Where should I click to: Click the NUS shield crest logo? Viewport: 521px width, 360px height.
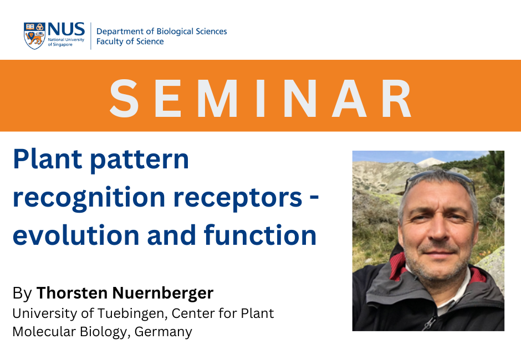click(34, 36)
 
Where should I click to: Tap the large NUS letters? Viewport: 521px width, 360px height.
click(66, 29)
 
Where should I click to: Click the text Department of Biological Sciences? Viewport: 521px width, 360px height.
click(161, 31)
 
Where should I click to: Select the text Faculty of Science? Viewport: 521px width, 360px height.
click(130, 41)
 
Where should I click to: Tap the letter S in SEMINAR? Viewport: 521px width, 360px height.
click(124, 98)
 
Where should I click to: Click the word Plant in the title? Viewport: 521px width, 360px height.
click(48, 160)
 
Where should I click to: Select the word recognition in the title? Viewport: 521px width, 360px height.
click(89, 198)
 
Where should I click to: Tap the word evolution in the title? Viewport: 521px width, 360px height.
click(76, 235)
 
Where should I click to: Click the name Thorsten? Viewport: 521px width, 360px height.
click(71, 293)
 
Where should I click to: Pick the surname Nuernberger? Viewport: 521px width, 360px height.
click(163, 293)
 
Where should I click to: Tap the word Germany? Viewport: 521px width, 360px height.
click(164, 332)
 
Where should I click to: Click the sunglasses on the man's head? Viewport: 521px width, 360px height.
click(440, 178)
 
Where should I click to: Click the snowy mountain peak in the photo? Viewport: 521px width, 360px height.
click(430, 162)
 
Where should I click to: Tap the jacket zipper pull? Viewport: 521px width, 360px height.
click(430, 322)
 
